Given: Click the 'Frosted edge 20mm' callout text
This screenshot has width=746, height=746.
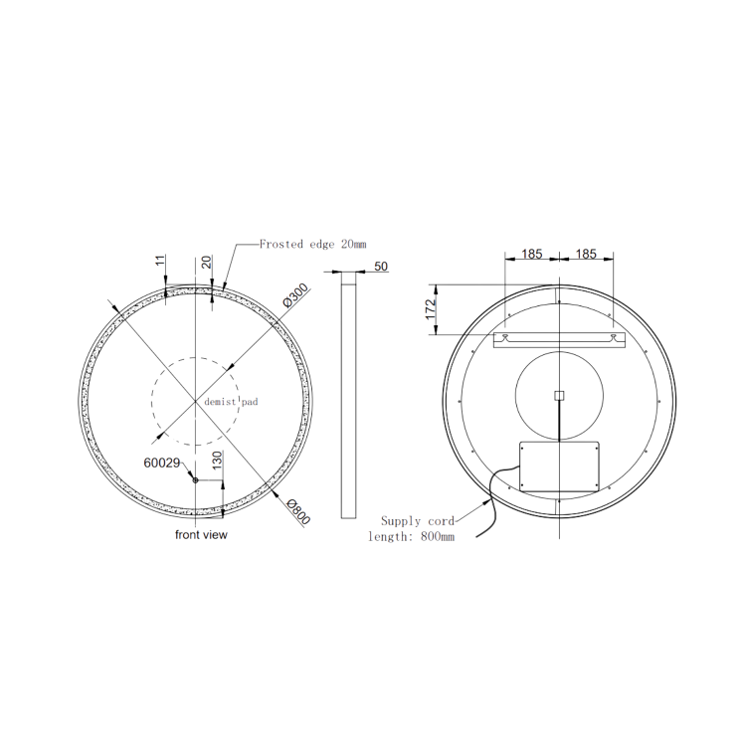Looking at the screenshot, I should pos(312,244).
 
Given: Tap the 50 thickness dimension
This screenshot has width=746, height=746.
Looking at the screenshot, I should pos(381,267).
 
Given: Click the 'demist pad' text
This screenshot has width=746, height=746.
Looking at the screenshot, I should pos(231,402).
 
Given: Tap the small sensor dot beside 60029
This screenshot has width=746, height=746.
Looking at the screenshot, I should pos(195,481).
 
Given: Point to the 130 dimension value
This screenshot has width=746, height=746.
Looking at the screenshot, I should pos(217,463).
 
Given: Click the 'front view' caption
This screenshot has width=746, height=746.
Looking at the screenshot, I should pos(202,535).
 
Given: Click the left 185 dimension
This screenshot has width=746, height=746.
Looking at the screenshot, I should pos(532,255).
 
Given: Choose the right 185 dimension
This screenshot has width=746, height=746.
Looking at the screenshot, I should pos(586,255).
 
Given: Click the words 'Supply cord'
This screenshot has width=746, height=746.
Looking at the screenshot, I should pos(418,520).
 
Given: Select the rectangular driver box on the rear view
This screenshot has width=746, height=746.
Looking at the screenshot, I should pos(560,465).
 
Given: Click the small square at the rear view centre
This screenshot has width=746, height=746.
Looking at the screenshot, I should pos(559,395).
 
